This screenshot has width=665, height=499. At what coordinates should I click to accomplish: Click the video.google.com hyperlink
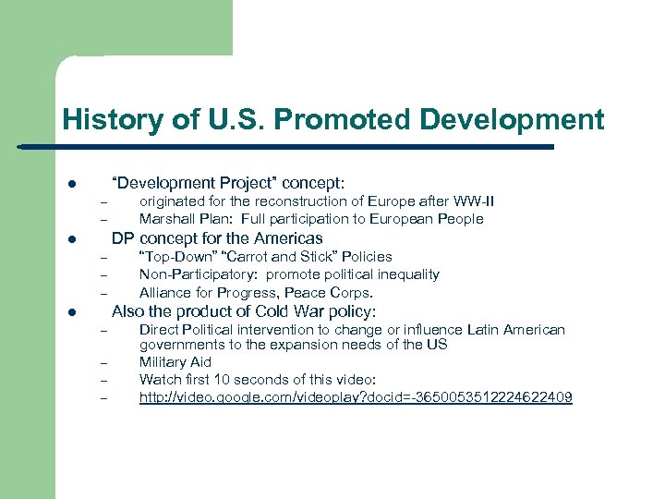pyautogui.click(x=356, y=397)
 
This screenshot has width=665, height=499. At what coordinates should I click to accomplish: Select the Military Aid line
pyautogui.click(x=175, y=362)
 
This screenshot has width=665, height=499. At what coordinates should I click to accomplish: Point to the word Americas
pyautogui.click(x=288, y=238)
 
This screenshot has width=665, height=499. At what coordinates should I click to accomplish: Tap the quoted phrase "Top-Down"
pyautogui.click(x=174, y=257)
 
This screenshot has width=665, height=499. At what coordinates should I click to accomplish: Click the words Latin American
pyautogui.click(x=520, y=330)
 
